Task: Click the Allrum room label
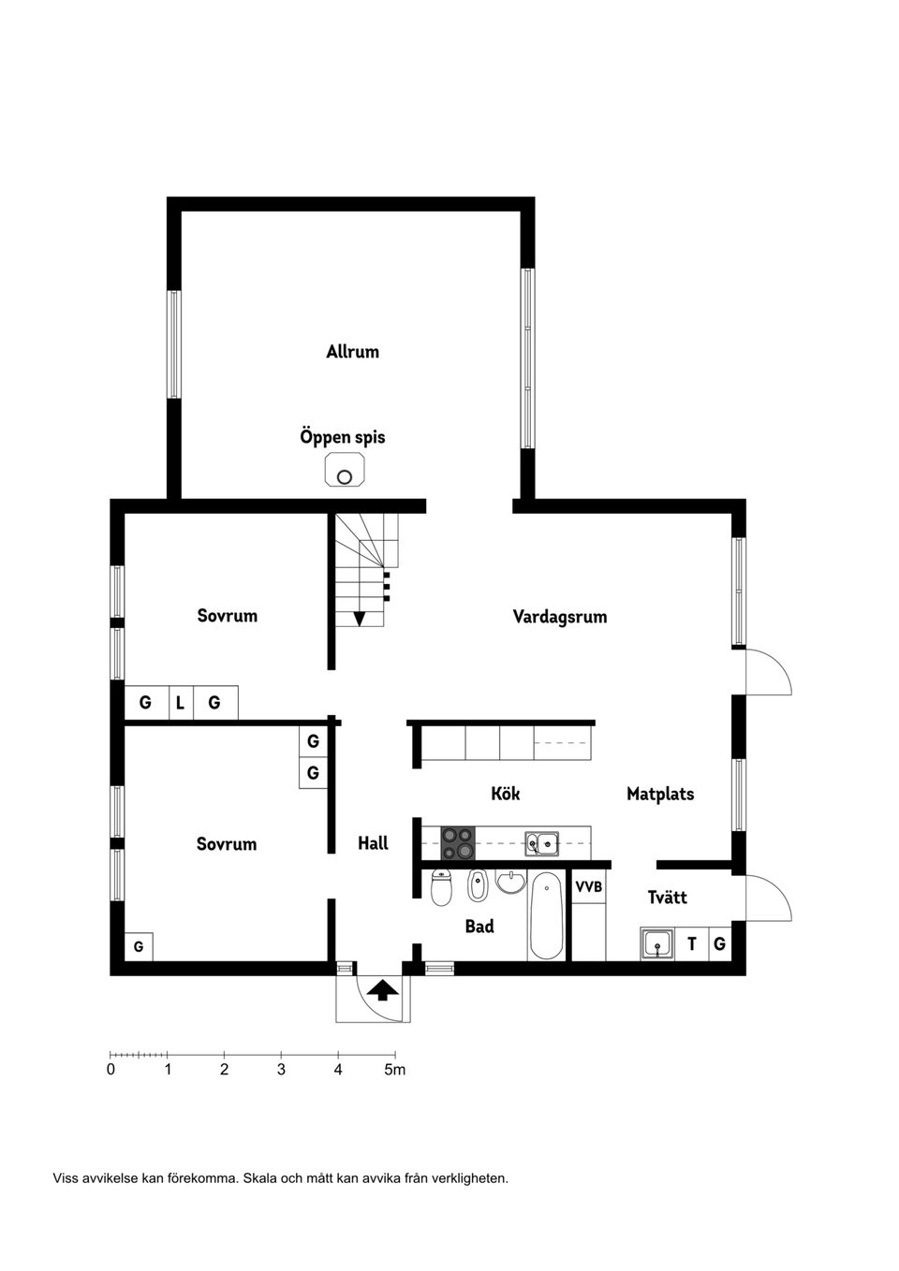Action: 352,352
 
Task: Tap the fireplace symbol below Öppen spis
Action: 345,471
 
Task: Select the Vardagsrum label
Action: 559,617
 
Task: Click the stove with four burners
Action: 458,843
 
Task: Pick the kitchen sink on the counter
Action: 541,844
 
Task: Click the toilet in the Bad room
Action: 442,887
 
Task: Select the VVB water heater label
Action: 588,886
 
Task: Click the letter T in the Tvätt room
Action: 692,944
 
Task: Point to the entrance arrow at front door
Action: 382,990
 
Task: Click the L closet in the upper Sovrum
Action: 180,702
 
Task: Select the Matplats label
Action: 660,795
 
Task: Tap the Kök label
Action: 505,794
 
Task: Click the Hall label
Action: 373,843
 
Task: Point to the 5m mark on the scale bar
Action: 395,1069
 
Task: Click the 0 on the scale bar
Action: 111,1069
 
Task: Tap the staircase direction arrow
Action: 360,619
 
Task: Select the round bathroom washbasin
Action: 510,882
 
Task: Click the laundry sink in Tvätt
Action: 657,944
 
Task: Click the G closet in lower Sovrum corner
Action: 139,946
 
